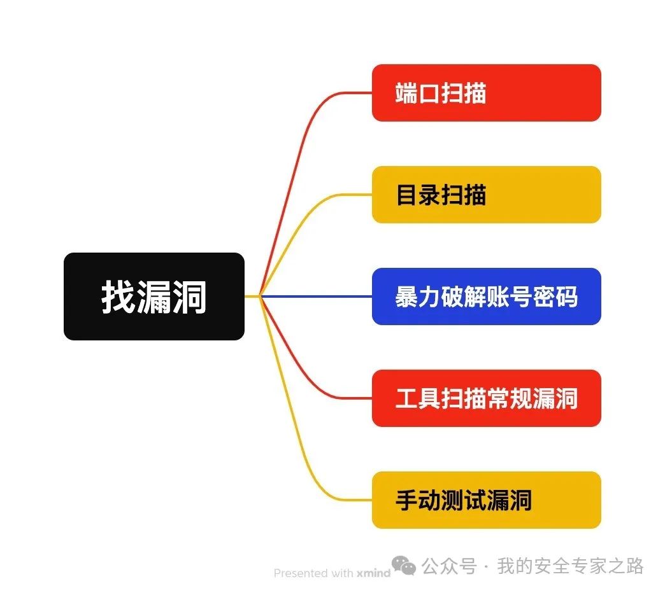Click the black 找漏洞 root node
(154, 296)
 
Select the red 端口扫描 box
(486, 93)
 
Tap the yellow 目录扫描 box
(486, 195)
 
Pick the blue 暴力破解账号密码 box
(486, 296)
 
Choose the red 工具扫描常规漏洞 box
(486, 398)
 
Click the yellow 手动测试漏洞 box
(486, 500)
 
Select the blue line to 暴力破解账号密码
(318, 296)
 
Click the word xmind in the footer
(373, 573)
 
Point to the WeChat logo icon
(404, 565)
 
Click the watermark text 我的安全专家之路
(570, 566)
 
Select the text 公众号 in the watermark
(450, 566)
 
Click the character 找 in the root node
(118, 296)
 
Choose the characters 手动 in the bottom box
(418, 500)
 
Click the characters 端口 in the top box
(418, 93)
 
